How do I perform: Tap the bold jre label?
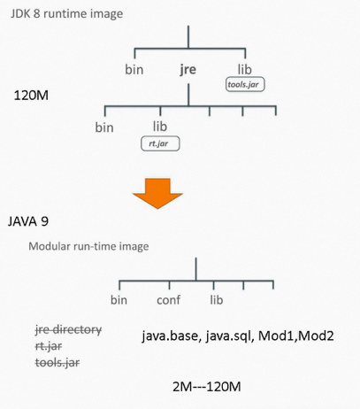188,68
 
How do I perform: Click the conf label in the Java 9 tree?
168,300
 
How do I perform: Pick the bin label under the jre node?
104,127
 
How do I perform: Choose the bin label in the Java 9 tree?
119,300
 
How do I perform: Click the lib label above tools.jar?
246,68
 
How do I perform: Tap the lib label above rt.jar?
159,127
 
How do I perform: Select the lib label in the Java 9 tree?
216,300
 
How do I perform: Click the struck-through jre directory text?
68,329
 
